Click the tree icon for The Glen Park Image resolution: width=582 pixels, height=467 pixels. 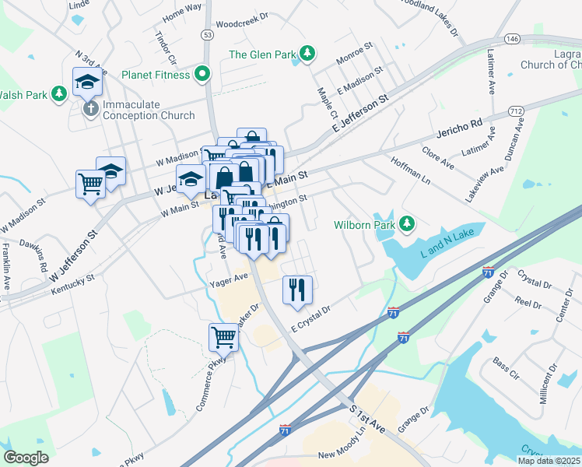click(x=309, y=53)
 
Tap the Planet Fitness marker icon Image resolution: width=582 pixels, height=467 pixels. click(x=203, y=75)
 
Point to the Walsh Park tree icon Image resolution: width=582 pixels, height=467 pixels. click(x=59, y=94)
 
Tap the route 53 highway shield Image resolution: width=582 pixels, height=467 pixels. click(x=206, y=35)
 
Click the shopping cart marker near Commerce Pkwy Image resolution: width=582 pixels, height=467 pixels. click(x=223, y=338)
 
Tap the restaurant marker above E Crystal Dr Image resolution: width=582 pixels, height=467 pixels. click(x=297, y=290)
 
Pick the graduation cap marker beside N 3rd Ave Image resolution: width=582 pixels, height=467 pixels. click(x=87, y=81)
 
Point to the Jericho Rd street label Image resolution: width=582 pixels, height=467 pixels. click(x=459, y=128)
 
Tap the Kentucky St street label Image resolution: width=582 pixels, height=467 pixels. click(x=72, y=283)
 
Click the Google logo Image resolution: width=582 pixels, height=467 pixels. click(x=26, y=458)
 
